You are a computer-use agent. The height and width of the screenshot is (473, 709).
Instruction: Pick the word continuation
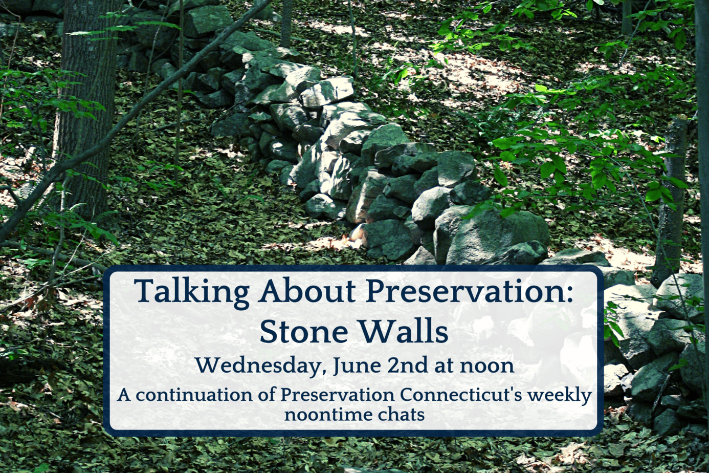pos(206,395)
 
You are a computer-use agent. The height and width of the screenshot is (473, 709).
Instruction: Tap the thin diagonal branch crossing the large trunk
pos(153,102)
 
